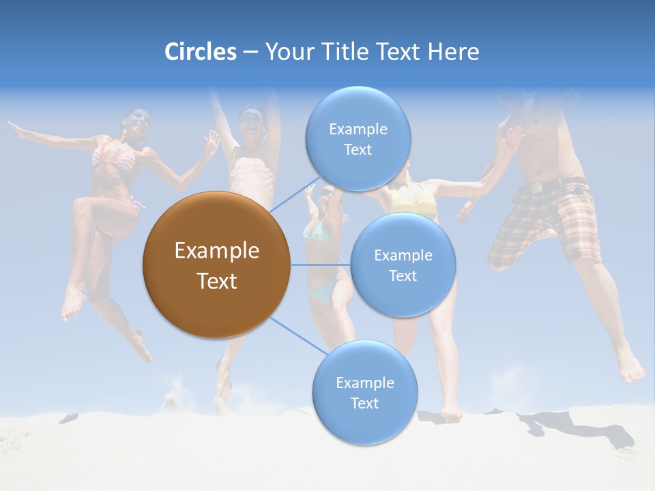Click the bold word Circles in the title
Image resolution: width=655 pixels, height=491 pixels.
click(201, 52)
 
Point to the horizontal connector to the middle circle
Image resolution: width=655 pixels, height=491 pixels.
click(321, 265)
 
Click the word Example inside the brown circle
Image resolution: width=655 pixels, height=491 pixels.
click(216, 251)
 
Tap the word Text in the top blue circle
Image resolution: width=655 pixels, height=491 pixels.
click(358, 150)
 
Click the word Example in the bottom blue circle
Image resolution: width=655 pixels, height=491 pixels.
click(364, 383)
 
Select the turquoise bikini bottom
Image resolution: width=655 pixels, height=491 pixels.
click(324, 293)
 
